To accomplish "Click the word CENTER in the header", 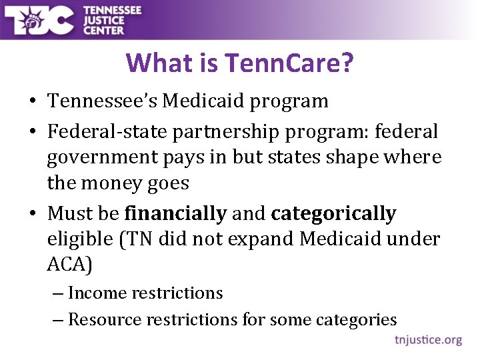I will (x=104, y=30).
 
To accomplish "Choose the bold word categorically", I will (x=333, y=213).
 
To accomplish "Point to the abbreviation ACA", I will (x=69, y=265).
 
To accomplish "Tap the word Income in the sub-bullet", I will (x=97, y=293).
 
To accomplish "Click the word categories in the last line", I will (x=357, y=320).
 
